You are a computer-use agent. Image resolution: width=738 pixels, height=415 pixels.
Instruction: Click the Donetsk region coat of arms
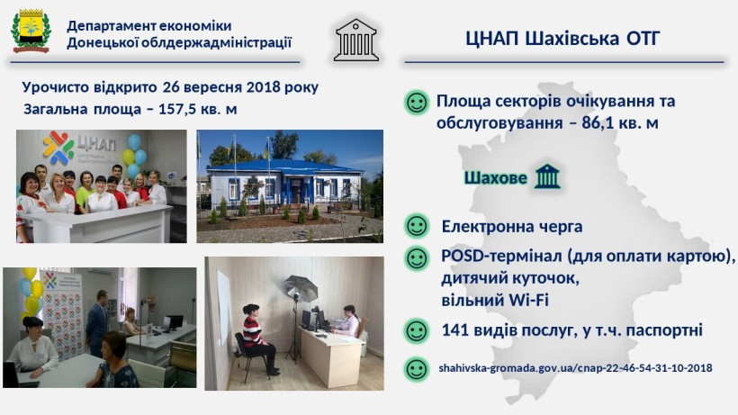[30, 31]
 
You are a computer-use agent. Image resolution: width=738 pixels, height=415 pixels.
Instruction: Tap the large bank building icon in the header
[356, 40]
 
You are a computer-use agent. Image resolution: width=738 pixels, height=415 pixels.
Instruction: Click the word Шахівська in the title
[571, 39]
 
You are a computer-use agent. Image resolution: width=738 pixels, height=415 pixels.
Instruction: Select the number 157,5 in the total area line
[177, 109]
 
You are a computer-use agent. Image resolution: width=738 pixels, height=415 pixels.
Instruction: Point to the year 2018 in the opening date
[263, 87]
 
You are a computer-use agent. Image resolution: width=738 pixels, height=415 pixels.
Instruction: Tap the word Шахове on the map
[496, 178]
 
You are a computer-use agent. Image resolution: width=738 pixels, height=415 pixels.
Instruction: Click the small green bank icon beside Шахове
[547, 176]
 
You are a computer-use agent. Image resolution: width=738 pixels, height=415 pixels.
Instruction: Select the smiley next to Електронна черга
[417, 226]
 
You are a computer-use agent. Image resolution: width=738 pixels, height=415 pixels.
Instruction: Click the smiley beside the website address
[417, 368]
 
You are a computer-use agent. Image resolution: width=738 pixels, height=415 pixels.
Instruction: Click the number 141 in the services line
[455, 329]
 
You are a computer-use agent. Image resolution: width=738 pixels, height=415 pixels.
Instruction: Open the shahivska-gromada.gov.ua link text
[575, 368]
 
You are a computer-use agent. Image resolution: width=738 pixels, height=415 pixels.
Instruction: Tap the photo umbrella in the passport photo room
[301, 288]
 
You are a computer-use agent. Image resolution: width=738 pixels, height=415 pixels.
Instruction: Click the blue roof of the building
[283, 167]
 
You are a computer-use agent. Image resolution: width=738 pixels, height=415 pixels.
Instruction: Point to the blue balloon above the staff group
[134, 141]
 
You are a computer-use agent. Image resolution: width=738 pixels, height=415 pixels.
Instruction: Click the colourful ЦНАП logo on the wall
[58, 148]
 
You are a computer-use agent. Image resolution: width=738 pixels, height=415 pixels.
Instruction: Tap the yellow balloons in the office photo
[30, 292]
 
